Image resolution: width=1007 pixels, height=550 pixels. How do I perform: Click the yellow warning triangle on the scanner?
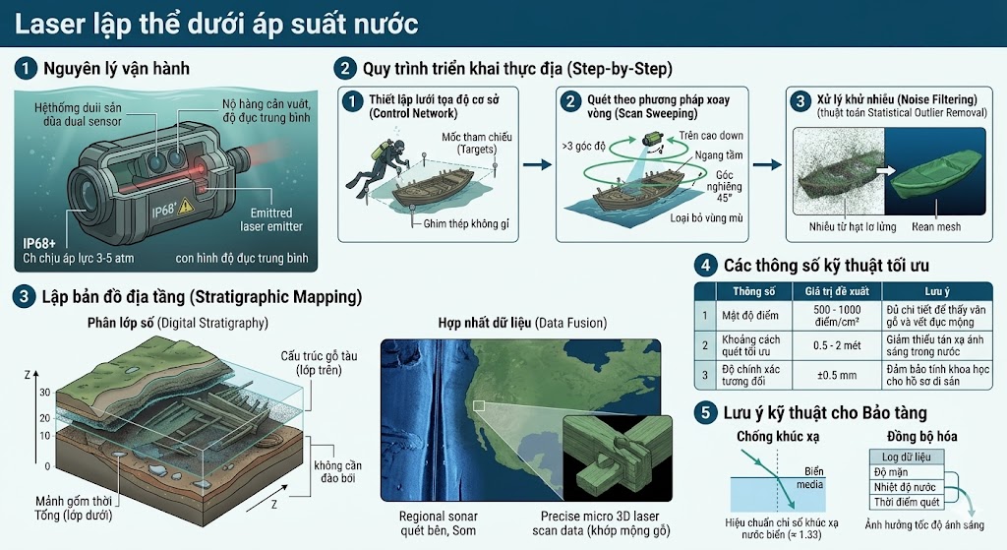click(186, 205)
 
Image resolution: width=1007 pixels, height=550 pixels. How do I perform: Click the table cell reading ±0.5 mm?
click(837, 375)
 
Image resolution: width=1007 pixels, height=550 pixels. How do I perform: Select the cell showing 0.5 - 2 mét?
click(837, 345)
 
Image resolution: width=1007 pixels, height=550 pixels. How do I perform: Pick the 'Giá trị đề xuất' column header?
click(837, 291)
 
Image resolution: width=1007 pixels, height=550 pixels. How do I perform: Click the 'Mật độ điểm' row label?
click(750, 316)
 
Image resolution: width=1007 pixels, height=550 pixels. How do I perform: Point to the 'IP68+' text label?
click(39, 244)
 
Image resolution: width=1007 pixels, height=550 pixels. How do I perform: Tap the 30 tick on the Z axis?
click(45, 393)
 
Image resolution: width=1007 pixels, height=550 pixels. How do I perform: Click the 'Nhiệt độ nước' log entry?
click(905, 487)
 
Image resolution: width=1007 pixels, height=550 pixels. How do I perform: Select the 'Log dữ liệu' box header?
click(906, 457)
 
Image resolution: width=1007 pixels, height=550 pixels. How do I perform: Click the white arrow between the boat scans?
click(886, 170)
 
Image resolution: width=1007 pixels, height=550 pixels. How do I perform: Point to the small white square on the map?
click(479, 405)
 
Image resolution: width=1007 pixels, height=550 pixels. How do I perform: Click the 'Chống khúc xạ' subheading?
click(778, 437)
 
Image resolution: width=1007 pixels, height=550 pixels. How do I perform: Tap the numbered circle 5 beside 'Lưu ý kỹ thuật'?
click(705, 412)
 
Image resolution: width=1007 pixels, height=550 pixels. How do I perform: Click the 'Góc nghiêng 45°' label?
click(725, 186)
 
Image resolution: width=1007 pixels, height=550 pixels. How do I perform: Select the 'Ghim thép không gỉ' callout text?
click(466, 223)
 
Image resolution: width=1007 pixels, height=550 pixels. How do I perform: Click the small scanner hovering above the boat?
click(654, 140)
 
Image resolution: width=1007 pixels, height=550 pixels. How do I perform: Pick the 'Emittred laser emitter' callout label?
click(271, 219)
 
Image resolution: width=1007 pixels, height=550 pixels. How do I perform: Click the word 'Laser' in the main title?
click(50, 25)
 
